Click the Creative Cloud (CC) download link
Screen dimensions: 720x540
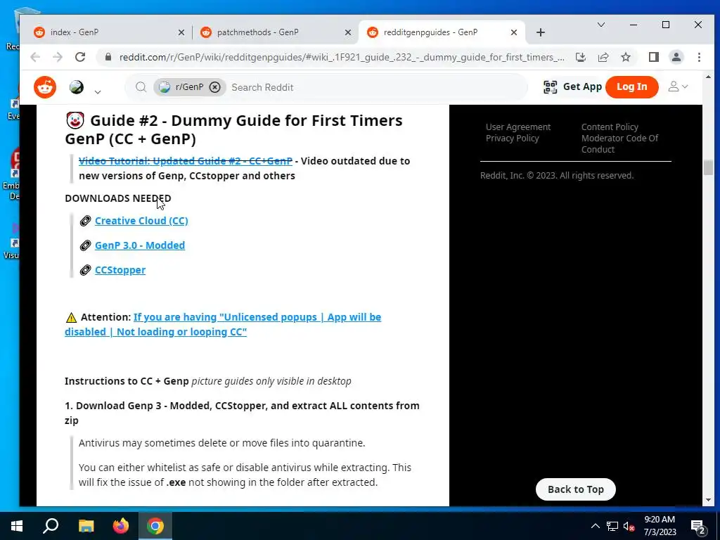coord(141,221)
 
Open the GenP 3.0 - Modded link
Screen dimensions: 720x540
coord(140,245)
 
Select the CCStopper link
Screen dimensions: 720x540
coord(120,270)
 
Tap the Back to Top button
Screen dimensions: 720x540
coord(575,489)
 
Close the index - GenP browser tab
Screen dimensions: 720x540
coord(181,32)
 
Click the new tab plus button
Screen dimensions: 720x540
coord(541,32)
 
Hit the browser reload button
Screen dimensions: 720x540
coord(80,57)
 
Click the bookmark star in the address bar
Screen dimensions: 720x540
coord(625,57)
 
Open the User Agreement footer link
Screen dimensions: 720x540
coord(518,127)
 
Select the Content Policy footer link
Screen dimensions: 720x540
coord(610,127)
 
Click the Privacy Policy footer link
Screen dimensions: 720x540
coord(512,139)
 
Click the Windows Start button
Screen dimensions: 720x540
coord(17,526)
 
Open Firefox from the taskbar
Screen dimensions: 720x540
coord(121,526)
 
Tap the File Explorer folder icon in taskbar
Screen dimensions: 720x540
coord(86,526)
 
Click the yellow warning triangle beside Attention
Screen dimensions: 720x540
coord(71,317)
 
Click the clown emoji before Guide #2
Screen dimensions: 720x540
coord(75,120)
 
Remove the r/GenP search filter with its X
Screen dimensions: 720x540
coord(214,87)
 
